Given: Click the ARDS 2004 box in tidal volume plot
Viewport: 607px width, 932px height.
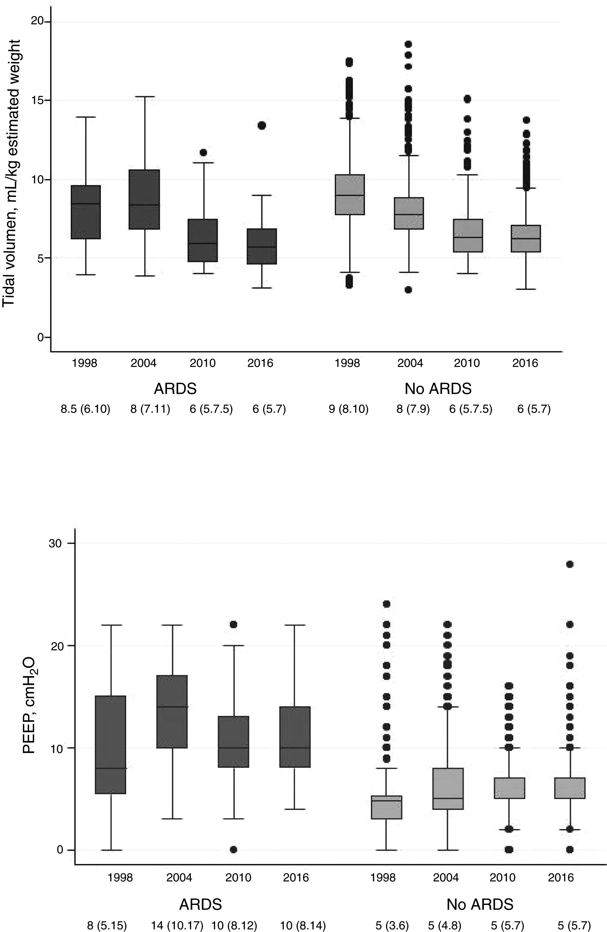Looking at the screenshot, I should click(x=144, y=199).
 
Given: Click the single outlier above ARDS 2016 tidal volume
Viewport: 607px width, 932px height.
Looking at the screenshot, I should click(x=262, y=125).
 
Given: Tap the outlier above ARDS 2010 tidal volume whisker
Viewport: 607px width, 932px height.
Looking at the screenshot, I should click(x=203, y=152).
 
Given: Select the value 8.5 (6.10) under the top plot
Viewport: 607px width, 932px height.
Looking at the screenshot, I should click(x=85, y=410).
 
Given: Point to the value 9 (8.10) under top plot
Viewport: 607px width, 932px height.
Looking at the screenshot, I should click(x=348, y=410).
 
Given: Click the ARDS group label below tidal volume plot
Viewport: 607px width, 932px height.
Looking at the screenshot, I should click(x=175, y=389).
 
